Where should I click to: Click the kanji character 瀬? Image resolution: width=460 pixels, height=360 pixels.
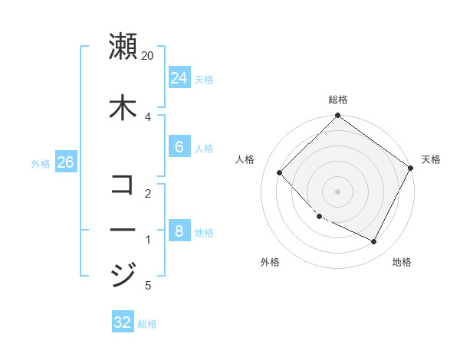123,46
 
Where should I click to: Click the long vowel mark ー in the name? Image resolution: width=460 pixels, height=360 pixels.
123,229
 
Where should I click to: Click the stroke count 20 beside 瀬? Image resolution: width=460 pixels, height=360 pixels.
148,56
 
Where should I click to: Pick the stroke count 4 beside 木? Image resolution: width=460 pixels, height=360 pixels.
148,116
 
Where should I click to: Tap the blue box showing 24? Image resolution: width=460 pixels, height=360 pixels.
179,78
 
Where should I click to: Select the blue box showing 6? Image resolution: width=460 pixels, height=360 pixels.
179,147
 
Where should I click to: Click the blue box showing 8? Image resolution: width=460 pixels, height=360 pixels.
179,231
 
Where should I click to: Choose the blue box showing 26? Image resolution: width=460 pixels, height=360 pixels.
65,162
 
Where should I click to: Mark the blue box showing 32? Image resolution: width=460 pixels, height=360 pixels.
123,322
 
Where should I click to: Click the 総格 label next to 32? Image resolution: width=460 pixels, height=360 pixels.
147,324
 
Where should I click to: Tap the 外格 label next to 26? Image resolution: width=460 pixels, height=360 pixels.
41,163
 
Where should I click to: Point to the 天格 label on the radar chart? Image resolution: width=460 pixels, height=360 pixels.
431,159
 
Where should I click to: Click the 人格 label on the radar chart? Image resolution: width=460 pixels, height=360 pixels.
245,159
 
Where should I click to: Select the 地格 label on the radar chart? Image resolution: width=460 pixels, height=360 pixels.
402,262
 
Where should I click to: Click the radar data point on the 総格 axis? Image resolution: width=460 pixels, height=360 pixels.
337,116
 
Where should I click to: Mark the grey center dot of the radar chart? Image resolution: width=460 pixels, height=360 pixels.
337,191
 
